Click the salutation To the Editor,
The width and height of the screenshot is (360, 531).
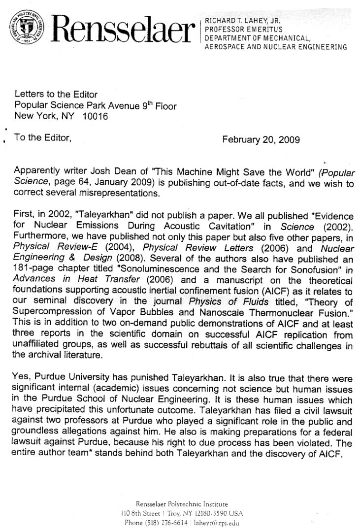pos(43,138)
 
